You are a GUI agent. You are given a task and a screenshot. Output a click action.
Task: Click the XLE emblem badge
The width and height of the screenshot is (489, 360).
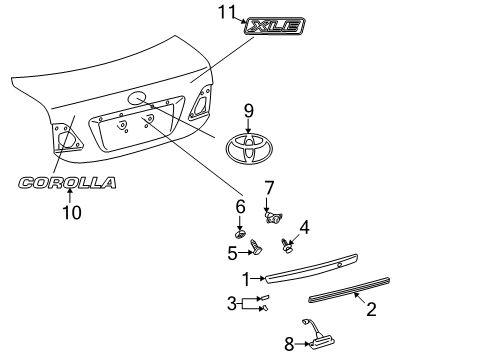[274, 26]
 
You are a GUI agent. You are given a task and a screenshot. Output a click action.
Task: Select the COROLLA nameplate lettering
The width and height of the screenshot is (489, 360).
[67, 183]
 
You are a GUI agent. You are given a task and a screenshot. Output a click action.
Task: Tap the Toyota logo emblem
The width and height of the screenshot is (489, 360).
[249, 149]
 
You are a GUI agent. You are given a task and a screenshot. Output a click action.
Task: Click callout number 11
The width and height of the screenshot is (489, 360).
[227, 12]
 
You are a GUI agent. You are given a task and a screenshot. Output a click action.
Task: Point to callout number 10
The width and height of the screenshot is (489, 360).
[72, 212]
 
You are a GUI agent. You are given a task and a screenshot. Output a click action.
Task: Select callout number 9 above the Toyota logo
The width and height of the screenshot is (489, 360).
[249, 111]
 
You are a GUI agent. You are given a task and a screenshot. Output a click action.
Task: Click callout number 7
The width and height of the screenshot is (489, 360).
[269, 188]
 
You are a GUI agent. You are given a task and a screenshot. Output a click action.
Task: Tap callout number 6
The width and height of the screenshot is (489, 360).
[240, 207]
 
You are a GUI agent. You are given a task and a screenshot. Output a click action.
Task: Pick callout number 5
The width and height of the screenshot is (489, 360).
[232, 253]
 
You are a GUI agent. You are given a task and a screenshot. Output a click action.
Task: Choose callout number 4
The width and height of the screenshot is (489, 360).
[304, 227]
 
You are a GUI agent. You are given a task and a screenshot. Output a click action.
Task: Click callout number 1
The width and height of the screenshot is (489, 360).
[246, 279]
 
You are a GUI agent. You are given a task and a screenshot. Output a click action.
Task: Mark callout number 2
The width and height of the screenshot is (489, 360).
[371, 309]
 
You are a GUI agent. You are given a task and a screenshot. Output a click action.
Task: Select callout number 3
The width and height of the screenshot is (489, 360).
[232, 304]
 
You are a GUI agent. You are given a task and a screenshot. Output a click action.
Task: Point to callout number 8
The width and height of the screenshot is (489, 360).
[289, 344]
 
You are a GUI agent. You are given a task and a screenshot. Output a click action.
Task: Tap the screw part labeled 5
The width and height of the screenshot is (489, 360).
[256, 247]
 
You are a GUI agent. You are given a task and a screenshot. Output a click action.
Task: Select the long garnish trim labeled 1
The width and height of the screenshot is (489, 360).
[311, 268]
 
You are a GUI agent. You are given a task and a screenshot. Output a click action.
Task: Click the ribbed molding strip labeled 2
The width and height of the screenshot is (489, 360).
[349, 289]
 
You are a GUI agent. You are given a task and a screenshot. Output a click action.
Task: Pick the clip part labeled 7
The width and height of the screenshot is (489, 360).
[274, 217]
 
